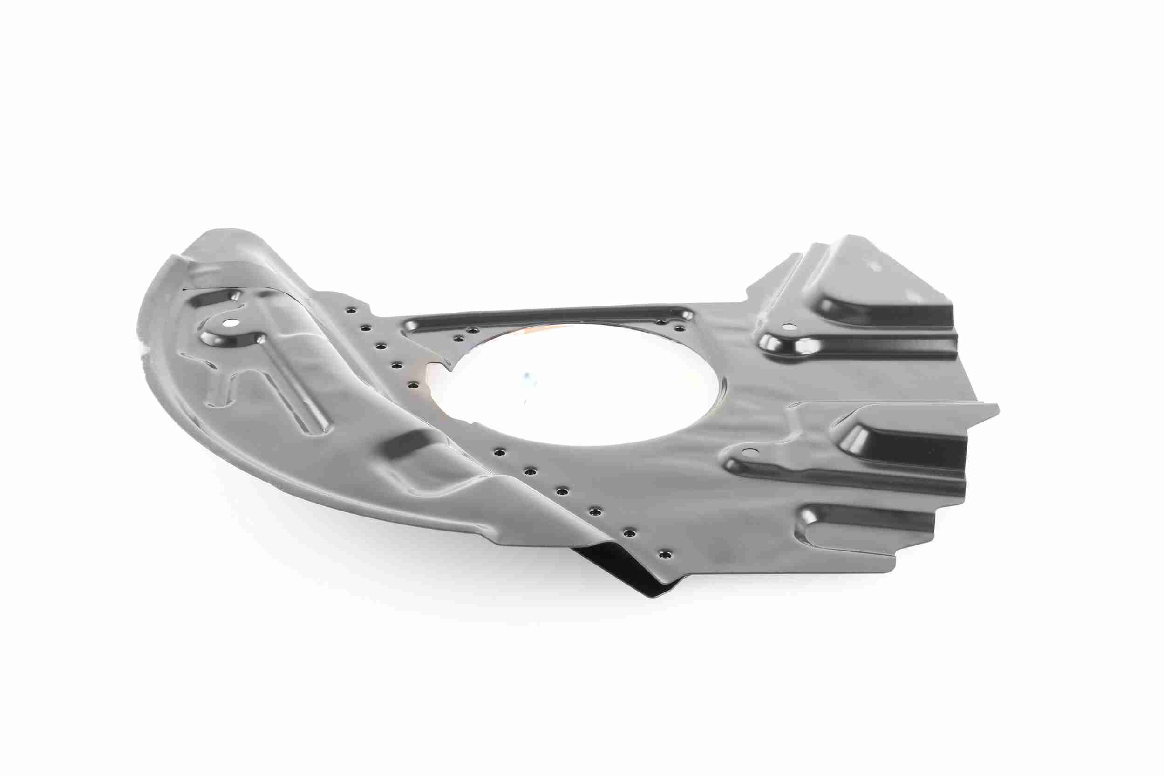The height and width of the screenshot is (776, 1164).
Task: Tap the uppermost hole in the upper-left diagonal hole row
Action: (x=351, y=310)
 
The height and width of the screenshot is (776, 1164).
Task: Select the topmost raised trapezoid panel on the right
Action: (x=881, y=282)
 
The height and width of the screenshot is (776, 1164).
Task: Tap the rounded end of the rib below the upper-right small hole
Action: (x=772, y=342)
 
